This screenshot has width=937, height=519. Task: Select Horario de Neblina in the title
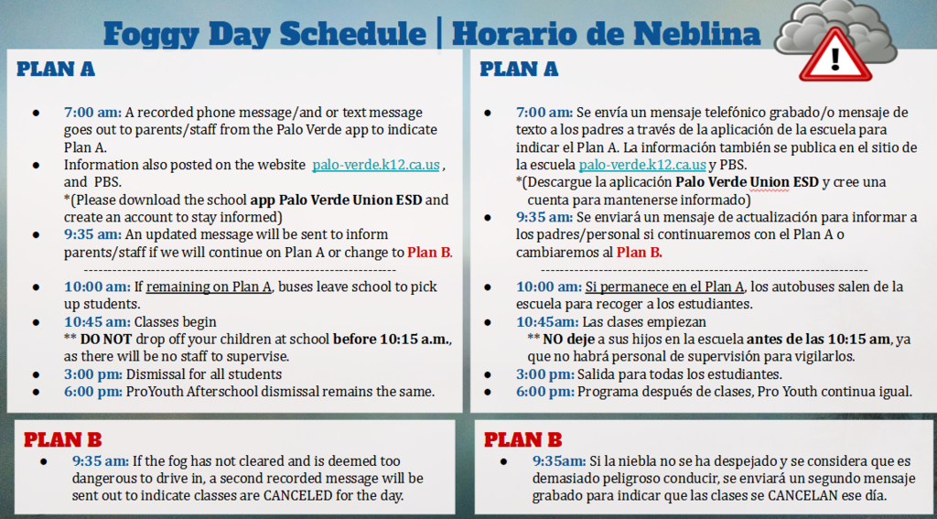606,34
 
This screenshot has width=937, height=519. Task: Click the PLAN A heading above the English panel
56,69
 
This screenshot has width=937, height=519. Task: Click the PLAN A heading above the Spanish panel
519,69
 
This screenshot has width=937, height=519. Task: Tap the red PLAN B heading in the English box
62,439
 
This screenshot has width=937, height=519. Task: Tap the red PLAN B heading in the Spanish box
522,439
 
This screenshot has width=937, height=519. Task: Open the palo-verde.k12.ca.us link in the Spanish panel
641,165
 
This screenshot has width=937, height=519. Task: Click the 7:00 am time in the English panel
92,113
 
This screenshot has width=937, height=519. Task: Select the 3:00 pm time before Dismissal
92,374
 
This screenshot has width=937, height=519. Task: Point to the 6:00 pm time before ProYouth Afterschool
92,392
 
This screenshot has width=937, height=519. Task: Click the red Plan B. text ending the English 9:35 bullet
429,253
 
